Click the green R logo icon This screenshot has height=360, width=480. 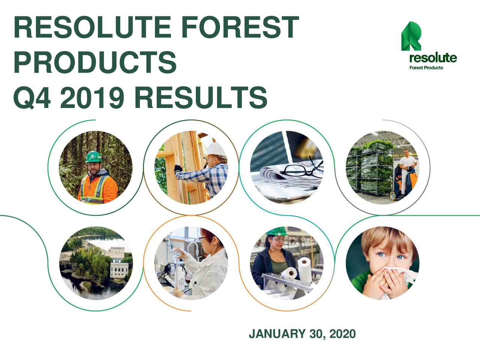pos(411,36)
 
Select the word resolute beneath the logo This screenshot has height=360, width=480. pos(433,58)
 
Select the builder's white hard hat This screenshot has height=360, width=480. pos(216,149)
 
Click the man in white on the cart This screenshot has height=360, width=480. pos(406,165)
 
